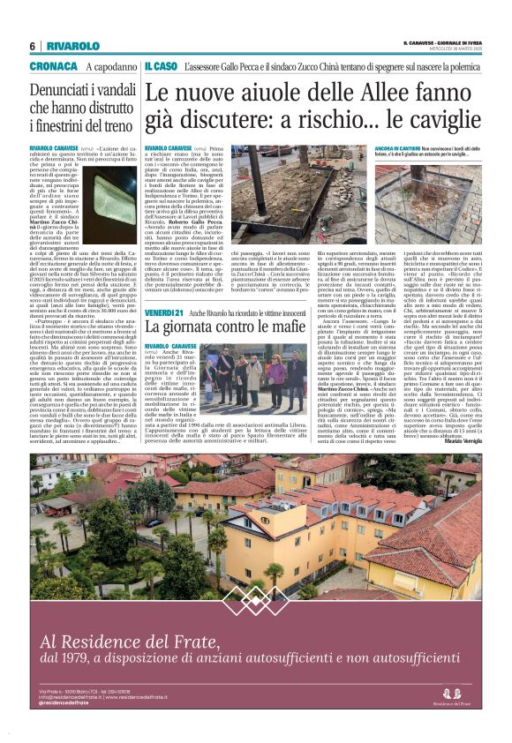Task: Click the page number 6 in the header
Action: pyautogui.click(x=32, y=46)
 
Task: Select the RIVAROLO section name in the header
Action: pyautogui.click(x=73, y=46)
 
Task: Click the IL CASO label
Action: pyautogui.click(x=161, y=67)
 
